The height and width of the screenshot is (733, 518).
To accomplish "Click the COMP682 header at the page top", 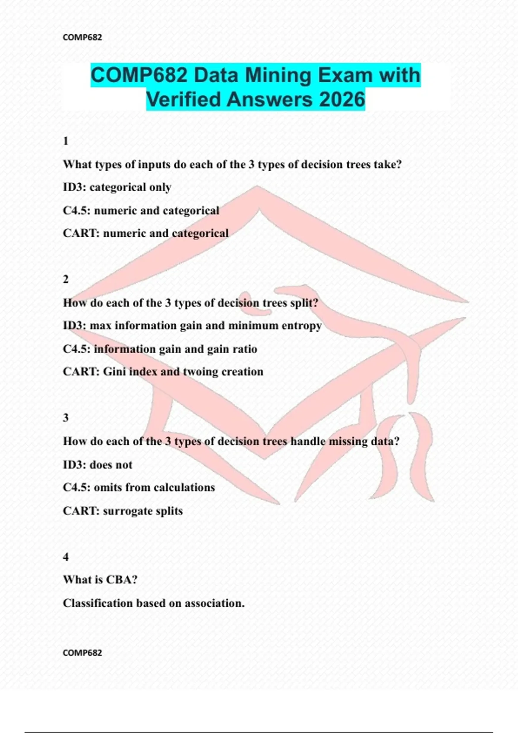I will (x=82, y=38).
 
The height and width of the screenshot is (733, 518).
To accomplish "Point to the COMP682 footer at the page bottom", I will (x=82, y=653).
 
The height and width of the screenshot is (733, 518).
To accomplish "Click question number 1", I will (x=66, y=141).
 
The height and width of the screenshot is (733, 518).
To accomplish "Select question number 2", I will (x=66, y=279).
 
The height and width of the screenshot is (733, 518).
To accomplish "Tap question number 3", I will (x=66, y=418).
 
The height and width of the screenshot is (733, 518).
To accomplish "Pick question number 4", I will (x=66, y=557).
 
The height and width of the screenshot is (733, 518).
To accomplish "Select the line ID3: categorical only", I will (x=117, y=188).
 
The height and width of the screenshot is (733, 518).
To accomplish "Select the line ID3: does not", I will (x=98, y=465).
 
